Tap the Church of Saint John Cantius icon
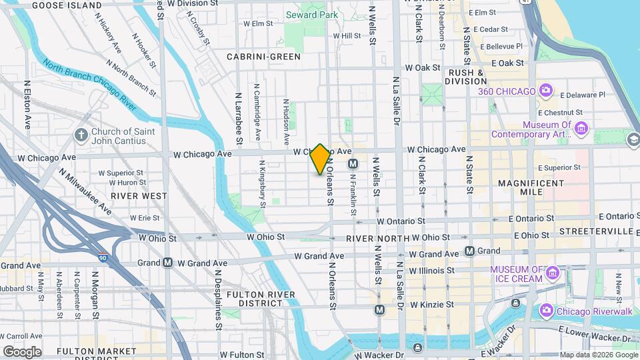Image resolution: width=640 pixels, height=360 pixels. tap(81, 135)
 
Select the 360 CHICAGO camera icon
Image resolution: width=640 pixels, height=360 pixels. tap(545, 91)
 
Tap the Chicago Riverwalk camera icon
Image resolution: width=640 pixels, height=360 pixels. tap(546, 311)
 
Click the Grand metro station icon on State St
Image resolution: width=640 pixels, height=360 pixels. tap(470, 251)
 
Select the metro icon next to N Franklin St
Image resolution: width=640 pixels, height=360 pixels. tap(353, 163)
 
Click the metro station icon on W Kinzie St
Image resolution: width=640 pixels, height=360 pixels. tap(379, 309)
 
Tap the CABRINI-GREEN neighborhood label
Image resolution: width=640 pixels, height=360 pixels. tap(263, 57)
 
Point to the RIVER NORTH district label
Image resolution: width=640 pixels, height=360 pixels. tap(377, 238)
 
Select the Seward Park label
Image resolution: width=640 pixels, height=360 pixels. tap(311, 15)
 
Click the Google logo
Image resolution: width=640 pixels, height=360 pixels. tap(22, 351)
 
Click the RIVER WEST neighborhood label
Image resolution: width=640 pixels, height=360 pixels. tap(139, 196)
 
